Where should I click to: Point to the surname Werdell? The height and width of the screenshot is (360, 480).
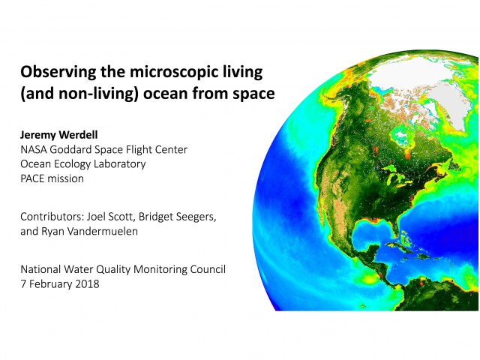point(78,135)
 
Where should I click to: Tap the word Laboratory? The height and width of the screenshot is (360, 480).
point(120,164)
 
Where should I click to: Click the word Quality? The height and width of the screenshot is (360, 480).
point(113,270)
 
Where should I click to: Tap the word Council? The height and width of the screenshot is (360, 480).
point(208,269)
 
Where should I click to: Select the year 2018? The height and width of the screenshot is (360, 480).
point(87,284)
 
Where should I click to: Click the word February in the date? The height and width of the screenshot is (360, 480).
point(51,284)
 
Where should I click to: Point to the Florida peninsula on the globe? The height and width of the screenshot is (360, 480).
point(395,227)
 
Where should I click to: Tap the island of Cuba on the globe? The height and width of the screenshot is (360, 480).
point(400,247)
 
